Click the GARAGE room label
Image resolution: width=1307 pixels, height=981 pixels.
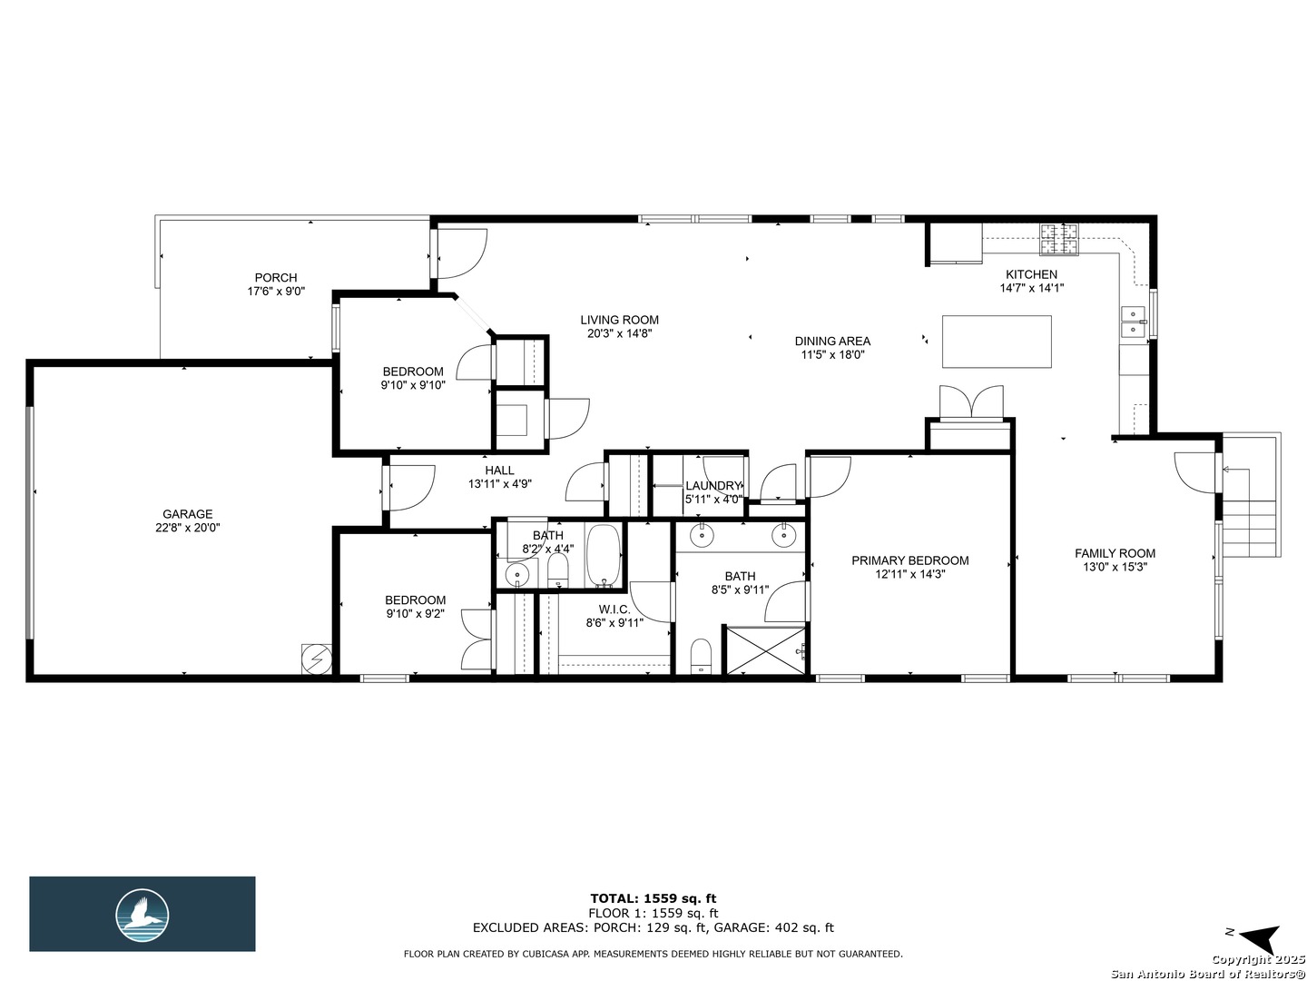pos(188,513)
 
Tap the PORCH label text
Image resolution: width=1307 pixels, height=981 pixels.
pos(276,278)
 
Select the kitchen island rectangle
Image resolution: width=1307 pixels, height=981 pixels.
pos(997,342)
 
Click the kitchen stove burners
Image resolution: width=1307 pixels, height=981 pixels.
pos(1058,240)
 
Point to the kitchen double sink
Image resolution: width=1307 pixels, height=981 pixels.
pos(1135,322)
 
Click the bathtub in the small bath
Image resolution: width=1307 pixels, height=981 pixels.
pos(604,555)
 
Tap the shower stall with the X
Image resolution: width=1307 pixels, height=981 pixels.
pos(764,650)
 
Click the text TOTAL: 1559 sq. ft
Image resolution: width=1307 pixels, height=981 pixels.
pos(653,898)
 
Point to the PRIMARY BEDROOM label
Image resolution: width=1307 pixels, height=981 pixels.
pos(909,560)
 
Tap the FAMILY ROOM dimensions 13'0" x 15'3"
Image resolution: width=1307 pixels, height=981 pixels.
pos(1115,568)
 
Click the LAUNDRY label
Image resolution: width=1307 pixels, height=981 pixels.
pos(712,486)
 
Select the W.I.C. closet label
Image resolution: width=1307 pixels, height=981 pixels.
pos(614,609)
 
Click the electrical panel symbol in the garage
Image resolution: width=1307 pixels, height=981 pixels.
pos(316,659)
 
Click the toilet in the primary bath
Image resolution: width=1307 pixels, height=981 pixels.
pos(702,657)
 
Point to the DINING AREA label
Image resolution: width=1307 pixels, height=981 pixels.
pos(832,342)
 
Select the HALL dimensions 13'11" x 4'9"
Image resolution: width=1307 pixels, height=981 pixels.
pos(499,484)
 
